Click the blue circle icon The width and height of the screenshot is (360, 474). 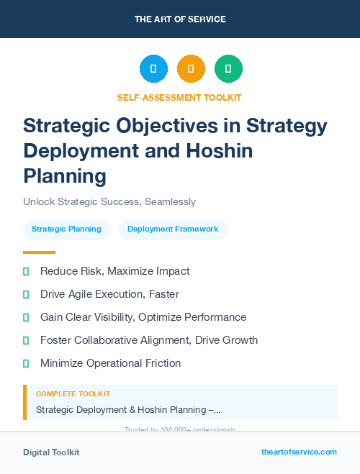(153, 69)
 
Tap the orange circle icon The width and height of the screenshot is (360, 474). (191, 69)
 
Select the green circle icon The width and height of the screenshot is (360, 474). (228, 69)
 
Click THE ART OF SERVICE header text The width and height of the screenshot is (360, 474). (180, 19)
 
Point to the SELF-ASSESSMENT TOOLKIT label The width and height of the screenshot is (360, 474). (179, 97)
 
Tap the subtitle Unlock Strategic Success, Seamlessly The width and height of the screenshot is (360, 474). (109, 201)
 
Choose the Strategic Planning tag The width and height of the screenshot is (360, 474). (67, 229)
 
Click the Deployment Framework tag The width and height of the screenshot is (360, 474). (173, 229)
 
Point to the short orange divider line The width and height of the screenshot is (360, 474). (39, 252)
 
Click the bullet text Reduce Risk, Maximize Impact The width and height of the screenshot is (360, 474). (115, 271)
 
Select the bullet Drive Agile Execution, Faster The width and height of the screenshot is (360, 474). (109, 294)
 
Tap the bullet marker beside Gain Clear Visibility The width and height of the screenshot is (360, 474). (26, 317)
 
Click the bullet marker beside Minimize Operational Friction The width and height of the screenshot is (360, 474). (26, 363)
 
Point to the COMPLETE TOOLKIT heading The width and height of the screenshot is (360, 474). (73, 394)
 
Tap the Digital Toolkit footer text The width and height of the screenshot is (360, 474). (51, 452)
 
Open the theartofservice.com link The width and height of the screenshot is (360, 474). (299, 452)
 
